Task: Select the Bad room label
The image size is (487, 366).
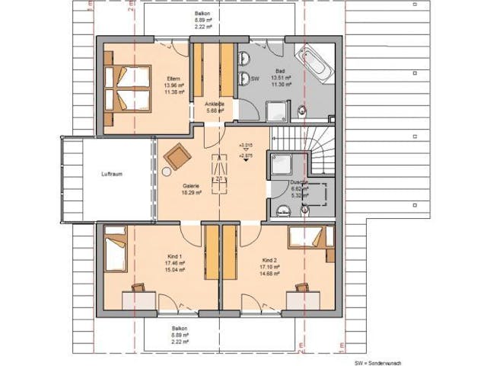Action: coord(280,69)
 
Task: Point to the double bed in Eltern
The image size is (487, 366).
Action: coord(119,88)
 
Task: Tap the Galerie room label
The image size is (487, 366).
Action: coord(190,185)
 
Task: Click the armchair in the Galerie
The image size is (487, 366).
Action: coord(178,156)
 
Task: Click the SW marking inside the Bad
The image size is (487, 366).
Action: coord(256,79)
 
